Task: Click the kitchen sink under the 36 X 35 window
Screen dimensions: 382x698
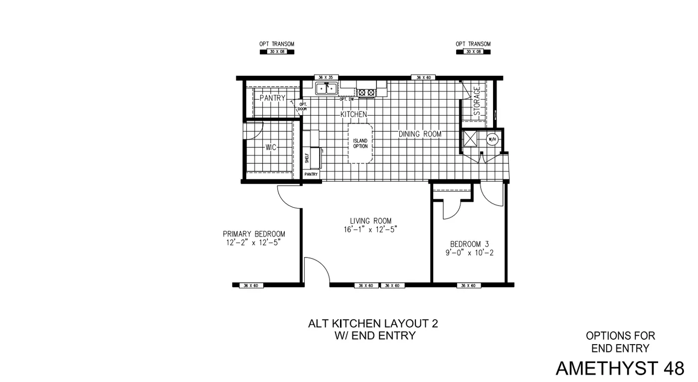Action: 326,88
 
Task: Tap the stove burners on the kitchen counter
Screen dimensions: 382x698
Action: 366,92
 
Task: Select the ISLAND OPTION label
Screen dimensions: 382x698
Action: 360,143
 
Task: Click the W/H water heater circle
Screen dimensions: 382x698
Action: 492,139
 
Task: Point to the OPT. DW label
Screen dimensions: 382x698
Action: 347,99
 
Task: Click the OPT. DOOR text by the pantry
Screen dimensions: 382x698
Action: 302,106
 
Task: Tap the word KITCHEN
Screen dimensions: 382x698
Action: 353,115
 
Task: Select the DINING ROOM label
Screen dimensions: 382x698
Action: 419,134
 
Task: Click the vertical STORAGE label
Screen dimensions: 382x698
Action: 477,102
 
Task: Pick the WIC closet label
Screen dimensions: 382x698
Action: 271,147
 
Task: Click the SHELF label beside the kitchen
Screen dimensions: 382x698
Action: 307,158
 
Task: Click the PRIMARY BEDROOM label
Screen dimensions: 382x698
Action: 254,234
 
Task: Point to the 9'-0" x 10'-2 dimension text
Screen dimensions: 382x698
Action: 469,253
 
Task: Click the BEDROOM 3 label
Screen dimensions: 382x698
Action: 469,244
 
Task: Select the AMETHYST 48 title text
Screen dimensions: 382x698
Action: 620,368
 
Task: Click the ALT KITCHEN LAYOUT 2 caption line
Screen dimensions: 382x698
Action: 373,323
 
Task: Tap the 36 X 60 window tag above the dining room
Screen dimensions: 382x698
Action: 423,78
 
